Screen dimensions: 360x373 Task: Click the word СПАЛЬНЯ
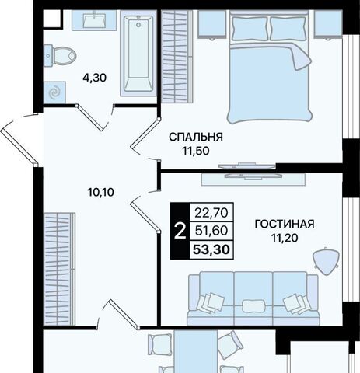coord(196,137)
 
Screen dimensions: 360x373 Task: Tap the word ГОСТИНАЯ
coord(285,224)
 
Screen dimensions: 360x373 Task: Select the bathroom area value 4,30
coord(94,78)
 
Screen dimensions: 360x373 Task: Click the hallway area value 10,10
coord(101,193)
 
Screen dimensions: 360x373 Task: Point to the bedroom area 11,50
coord(196,151)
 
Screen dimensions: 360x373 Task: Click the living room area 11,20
coord(285,238)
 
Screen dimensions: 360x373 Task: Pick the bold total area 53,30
coord(211,249)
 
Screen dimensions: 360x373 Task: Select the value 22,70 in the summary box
coord(211,213)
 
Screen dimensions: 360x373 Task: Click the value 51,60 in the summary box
coord(211,231)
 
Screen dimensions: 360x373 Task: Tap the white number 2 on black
coord(180,232)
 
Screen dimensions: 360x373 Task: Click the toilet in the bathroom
coord(59,55)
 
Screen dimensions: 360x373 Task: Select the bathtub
coord(138,54)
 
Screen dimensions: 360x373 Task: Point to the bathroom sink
coord(94,20)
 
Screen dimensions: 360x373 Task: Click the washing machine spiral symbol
coord(54,92)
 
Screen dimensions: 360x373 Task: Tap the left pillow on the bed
coord(250,28)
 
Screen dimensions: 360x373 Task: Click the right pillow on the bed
coord(288,28)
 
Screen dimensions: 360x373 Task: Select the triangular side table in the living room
coord(326,261)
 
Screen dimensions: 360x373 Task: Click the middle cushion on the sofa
coord(253,306)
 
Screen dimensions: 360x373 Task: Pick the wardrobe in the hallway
coord(59,269)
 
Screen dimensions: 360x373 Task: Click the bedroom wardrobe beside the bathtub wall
coord(177,57)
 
